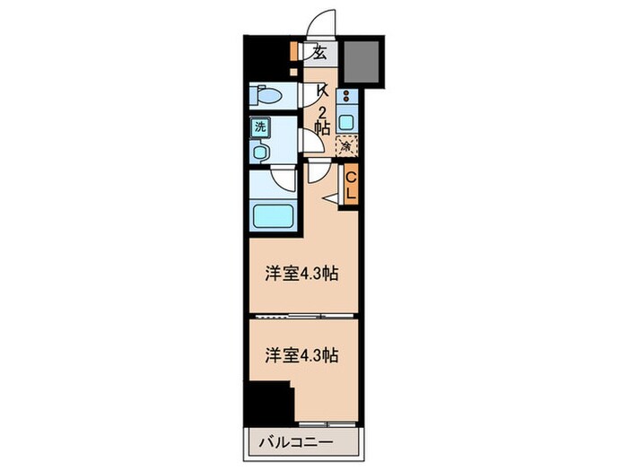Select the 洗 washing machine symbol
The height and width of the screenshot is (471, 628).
[x=260, y=127]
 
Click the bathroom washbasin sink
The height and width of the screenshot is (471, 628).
[x=261, y=153]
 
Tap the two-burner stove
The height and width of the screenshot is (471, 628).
[x=348, y=97]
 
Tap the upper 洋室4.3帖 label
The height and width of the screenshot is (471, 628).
[x=301, y=274]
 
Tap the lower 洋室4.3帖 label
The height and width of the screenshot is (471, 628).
[x=301, y=355]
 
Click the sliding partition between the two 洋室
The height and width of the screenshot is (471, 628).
[x=301, y=317]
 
